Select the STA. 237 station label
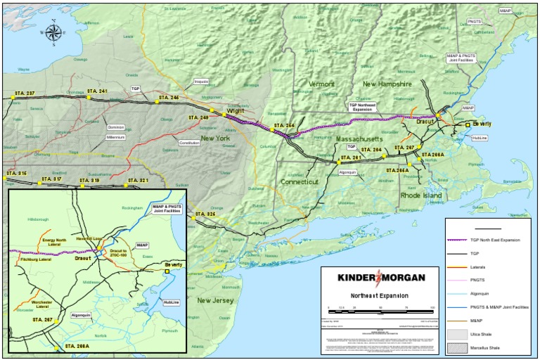pos(24,94)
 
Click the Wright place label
pos(235,110)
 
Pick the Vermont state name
pos(321,84)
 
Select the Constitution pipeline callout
pos(189,143)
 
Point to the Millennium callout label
pos(116,137)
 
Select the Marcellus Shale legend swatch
pos(457,347)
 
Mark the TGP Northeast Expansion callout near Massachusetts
pos(363,107)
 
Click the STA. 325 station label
pos(205,214)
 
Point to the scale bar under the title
pos(380,310)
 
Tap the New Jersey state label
pos(215,300)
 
